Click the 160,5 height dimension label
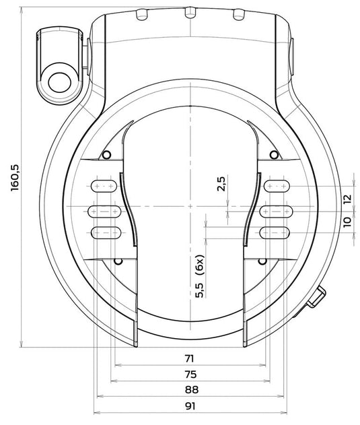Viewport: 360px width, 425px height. point(15,178)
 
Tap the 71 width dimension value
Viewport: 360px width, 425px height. point(190,358)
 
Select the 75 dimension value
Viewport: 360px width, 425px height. point(190,374)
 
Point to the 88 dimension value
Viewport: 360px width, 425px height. point(192,390)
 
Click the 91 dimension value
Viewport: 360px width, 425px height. point(190,406)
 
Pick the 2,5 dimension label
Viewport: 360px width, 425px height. point(221,184)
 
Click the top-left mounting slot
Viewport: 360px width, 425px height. point(104,186)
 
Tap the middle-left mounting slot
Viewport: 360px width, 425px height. point(104,211)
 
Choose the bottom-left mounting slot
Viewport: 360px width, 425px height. point(106,232)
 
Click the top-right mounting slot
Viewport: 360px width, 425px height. point(277,186)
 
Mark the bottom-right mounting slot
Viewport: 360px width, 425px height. point(275,232)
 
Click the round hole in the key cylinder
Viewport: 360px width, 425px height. point(60,83)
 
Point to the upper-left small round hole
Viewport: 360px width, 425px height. point(106,155)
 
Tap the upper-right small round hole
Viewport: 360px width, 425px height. point(275,155)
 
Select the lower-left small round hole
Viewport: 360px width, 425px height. point(118,261)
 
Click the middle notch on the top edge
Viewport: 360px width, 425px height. point(190,13)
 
